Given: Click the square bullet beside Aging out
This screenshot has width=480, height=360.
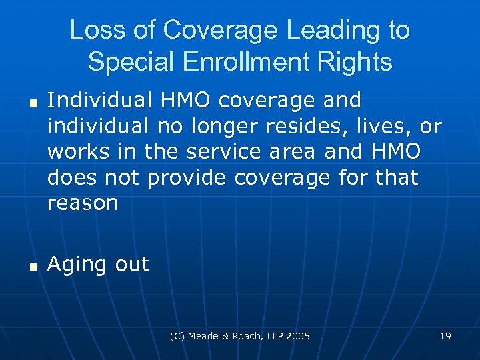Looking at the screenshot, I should pyautogui.click(x=33, y=267).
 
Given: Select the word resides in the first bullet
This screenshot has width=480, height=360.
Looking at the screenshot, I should pyautogui.click(x=291, y=126).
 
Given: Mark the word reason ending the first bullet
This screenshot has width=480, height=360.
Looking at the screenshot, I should pyautogui.click(x=83, y=203).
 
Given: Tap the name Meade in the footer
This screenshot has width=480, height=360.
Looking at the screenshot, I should pyautogui.click(x=217, y=336).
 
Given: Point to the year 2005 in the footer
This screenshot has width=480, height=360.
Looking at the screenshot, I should pyautogui.click(x=299, y=336).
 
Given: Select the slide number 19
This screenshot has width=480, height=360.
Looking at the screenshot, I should pyautogui.click(x=445, y=336).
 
